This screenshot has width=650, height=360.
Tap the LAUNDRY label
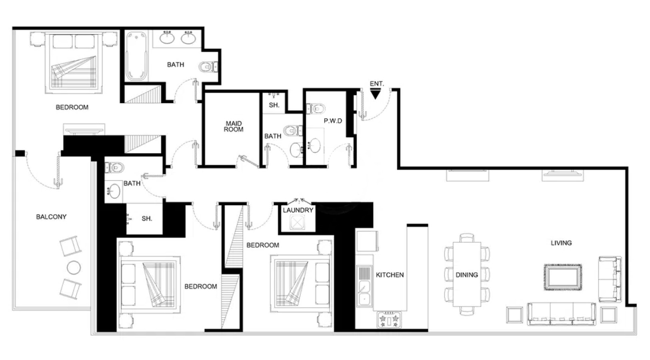[x=298, y=210]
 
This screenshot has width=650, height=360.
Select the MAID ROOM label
[x=234, y=127]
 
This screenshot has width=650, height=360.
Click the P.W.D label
[x=333, y=121]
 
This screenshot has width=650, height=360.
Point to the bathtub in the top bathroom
[x=136, y=56]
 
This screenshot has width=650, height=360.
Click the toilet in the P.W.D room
[x=316, y=109]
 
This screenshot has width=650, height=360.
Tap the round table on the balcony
[x=74, y=267]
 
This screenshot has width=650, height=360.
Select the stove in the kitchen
[x=389, y=320]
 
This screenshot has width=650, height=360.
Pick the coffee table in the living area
[x=563, y=277]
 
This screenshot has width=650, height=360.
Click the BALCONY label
[x=51, y=217]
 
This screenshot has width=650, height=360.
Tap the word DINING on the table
[x=467, y=275]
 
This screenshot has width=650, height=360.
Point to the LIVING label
[x=561, y=243]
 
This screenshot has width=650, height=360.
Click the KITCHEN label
[x=390, y=275]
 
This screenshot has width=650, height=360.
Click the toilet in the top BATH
[x=208, y=67]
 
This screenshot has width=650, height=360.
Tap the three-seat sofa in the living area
[x=562, y=314]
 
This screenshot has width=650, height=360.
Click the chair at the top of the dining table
[x=467, y=238]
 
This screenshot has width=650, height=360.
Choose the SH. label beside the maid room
[x=274, y=105]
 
